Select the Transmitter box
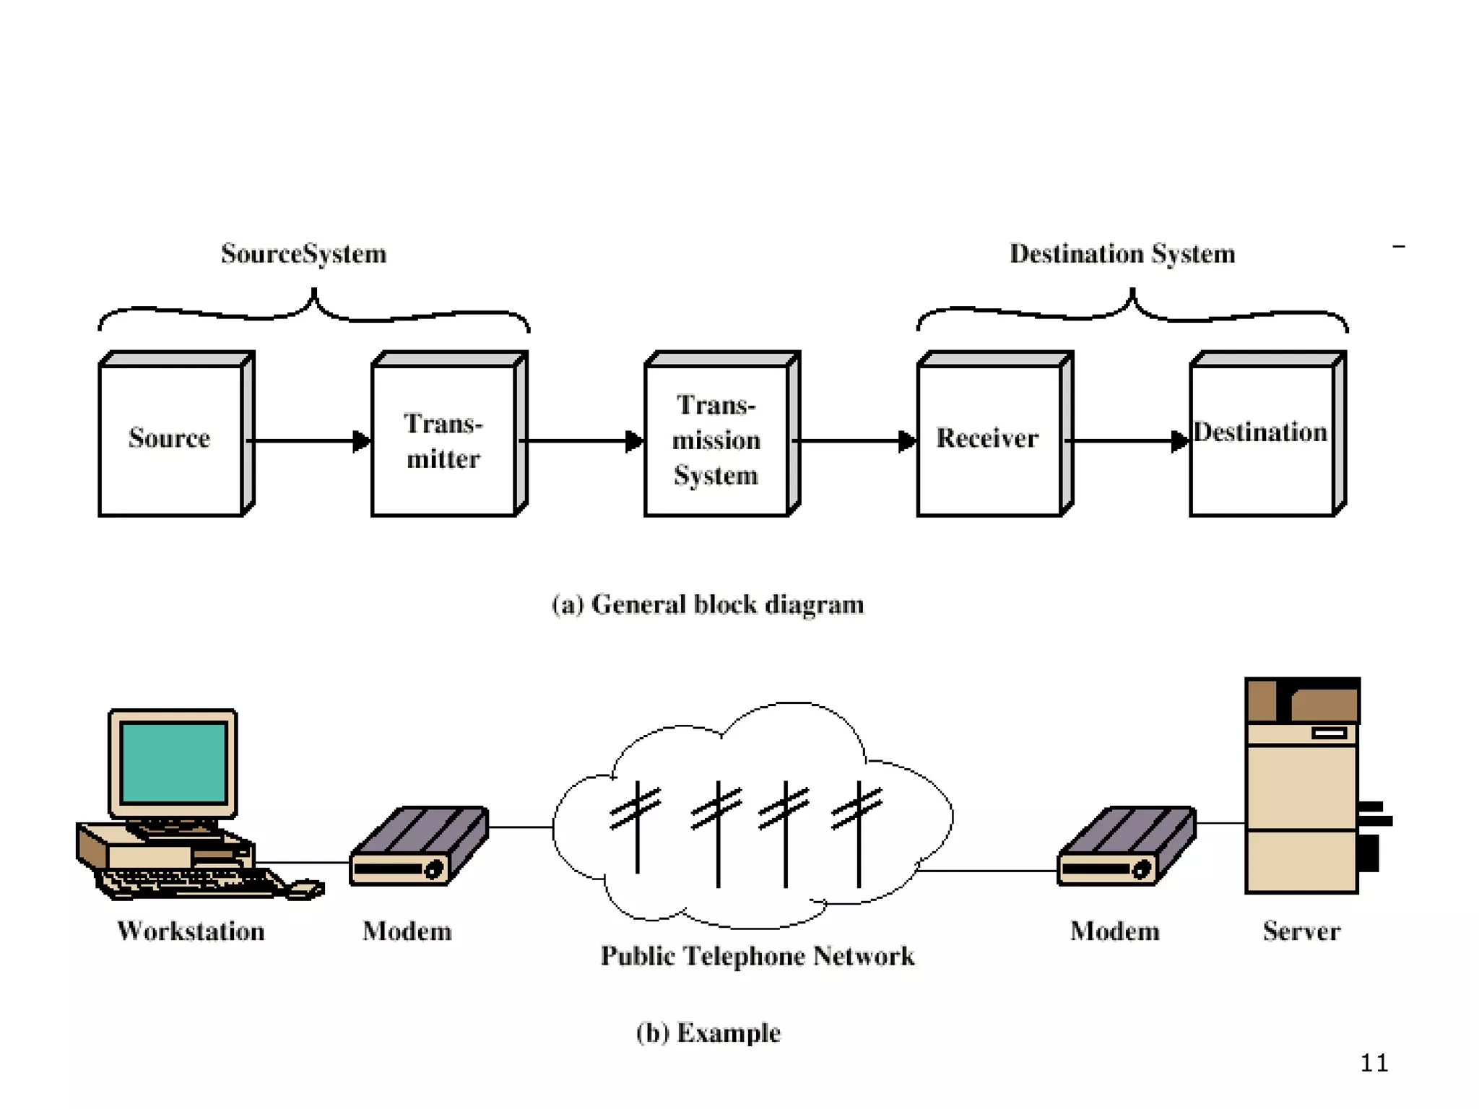(443, 440)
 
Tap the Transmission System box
(716, 440)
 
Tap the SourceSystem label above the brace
(304, 253)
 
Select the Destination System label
(1122, 253)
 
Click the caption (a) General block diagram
(708, 604)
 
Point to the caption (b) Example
(708, 1032)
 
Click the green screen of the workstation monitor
(174, 762)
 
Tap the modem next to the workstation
(418, 845)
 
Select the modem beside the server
(1126, 845)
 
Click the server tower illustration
(1302, 787)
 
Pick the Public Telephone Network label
(758, 956)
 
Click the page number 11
(1374, 1063)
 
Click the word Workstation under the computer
(191, 931)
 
